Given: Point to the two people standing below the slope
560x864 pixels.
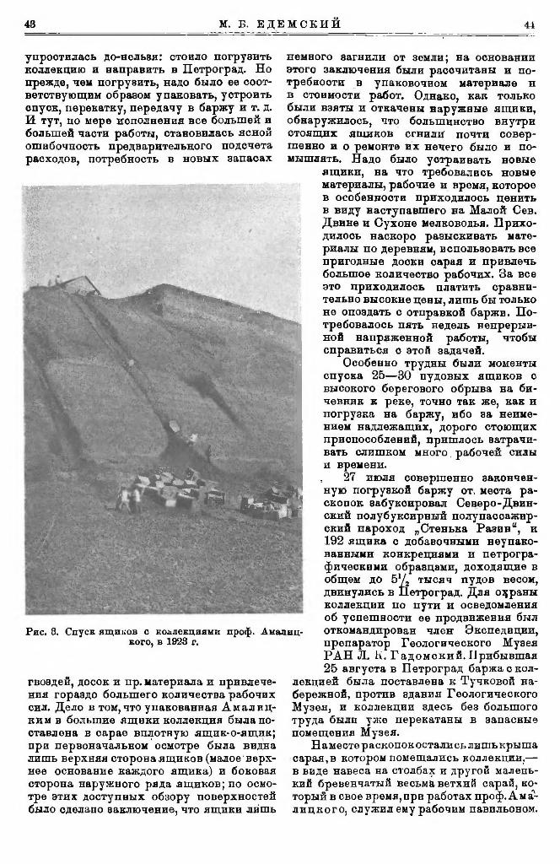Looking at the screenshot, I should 130,499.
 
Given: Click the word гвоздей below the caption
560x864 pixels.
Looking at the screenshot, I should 49,658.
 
